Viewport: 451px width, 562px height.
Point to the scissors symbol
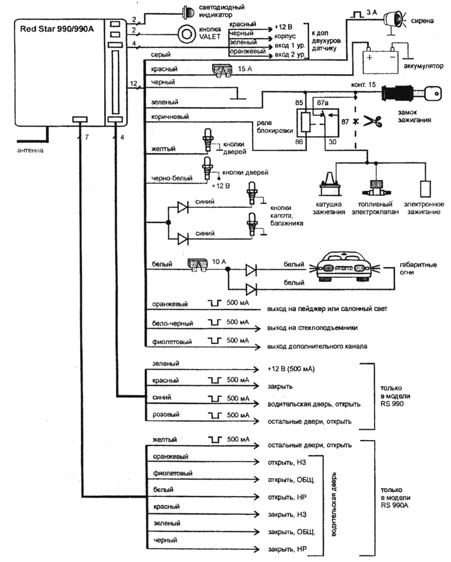coord(376,123)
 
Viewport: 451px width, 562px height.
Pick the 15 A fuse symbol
coord(224,70)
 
